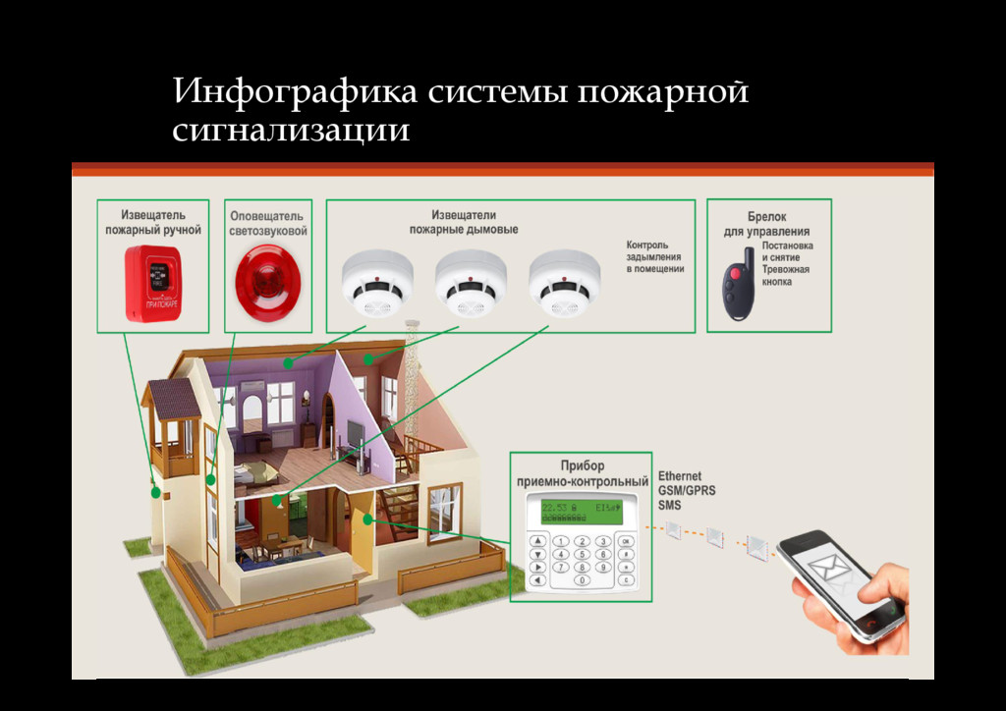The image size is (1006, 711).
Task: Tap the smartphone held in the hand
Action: pos(840,585)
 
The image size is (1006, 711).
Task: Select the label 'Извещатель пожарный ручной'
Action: pos(153,222)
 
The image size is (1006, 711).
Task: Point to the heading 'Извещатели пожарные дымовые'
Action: pos(464,222)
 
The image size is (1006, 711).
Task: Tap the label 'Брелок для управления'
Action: pos(766,224)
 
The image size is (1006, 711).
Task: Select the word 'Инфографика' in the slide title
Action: pos(296,93)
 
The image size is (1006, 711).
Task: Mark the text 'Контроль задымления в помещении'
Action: pos(654,256)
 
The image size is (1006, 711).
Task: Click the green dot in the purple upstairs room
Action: pos(288,362)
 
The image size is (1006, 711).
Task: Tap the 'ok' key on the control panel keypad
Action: pos(627,540)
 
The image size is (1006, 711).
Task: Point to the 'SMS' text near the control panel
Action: pos(669,505)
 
